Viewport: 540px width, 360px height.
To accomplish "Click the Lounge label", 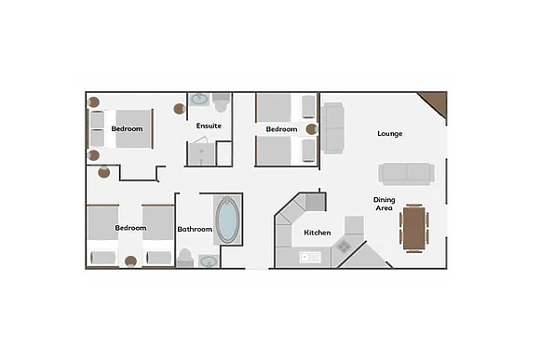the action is pyautogui.click(x=390, y=134).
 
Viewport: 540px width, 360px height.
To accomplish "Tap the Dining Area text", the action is pyautogui.click(x=384, y=204).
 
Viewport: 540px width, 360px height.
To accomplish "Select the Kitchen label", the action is pyautogui.click(x=317, y=233).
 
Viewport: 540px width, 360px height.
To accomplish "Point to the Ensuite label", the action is pyautogui.click(x=209, y=126).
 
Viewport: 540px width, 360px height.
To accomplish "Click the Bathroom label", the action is pyautogui.click(x=195, y=229).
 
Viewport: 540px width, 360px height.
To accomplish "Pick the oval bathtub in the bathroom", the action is pyautogui.click(x=227, y=220).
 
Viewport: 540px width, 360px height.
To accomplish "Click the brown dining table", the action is pyautogui.click(x=414, y=228).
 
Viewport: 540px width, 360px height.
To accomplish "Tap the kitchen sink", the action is pyautogui.click(x=310, y=257).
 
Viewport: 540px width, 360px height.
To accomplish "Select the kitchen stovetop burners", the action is pyautogui.click(x=343, y=247).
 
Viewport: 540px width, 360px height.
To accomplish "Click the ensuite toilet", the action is pyautogui.click(x=221, y=102).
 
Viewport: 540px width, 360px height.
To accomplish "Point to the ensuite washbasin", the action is pyautogui.click(x=199, y=100).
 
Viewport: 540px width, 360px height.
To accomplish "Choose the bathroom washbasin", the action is pyautogui.click(x=209, y=261).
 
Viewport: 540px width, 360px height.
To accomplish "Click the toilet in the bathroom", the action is pyautogui.click(x=185, y=258).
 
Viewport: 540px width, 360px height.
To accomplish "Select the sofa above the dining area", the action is pyautogui.click(x=406, y=174).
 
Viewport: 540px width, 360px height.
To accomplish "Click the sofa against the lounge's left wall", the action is pyautogui.click(x=332, y=128).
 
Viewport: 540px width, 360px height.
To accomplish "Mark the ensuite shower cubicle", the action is pyautogui.click(x=202, y=153).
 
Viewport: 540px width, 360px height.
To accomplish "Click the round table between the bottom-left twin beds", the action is pyautogui.click(x=130, y=261).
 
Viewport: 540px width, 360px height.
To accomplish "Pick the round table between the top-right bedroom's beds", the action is pyautogui.click(x=311, y=129).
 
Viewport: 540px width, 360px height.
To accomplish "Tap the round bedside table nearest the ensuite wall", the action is pyautogui.click(x=179, y=109).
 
